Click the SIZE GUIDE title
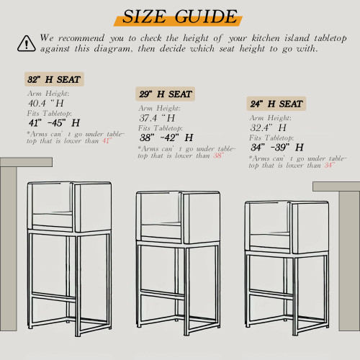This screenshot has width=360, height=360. point(180,17)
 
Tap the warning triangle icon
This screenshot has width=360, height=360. point(27,43)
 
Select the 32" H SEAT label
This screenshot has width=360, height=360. point(54,79)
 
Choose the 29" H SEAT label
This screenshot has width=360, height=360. point(166,94)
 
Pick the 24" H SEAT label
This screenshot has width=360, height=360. point(276,104)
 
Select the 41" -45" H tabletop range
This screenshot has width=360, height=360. point(54,123)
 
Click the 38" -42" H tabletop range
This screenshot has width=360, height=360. point(166,138)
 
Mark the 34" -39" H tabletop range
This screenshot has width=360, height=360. point(277,147)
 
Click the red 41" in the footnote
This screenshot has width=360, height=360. point(107,140)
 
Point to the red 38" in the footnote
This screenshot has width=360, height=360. point(219,156)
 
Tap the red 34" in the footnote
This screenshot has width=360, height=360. point(330,165)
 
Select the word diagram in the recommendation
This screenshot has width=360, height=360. point(112,49)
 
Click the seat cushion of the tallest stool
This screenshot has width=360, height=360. point(53,220)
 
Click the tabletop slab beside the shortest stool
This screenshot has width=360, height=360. point(336,186)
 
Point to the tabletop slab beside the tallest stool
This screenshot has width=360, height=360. point(26,162)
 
